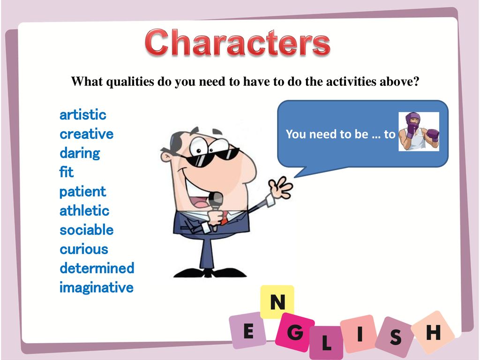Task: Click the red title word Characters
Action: click(238, 42)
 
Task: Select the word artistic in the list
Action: click(83, 115)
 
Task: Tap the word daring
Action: click(80, 153)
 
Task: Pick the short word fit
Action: click(67, 172)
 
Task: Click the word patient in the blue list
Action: click(82, 192)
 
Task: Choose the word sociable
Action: click(87, 230)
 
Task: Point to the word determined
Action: click(97, 268)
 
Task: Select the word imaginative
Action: click(97, 288)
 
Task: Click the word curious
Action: click(84, 249)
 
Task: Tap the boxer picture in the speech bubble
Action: click(419, 131)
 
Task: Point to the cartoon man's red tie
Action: click(225, 217)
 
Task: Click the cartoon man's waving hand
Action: click(280, 187)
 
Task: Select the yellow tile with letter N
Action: click(277, 301)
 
